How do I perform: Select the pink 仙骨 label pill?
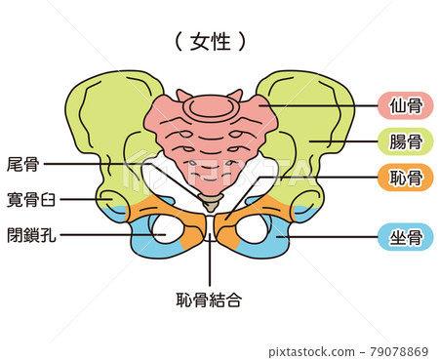[405, 105]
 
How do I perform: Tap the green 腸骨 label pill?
[405, 142]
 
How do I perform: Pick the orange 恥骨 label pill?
[405, 178]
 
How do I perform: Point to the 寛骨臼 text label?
[30, 199]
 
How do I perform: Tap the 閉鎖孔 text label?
[30, 234]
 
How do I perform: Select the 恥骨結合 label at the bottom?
[209, 300]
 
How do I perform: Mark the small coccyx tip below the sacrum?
[209, 203]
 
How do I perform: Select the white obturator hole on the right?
[252, 229]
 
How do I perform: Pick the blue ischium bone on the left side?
[140, 234]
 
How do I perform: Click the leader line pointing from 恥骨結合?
[209, 263]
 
